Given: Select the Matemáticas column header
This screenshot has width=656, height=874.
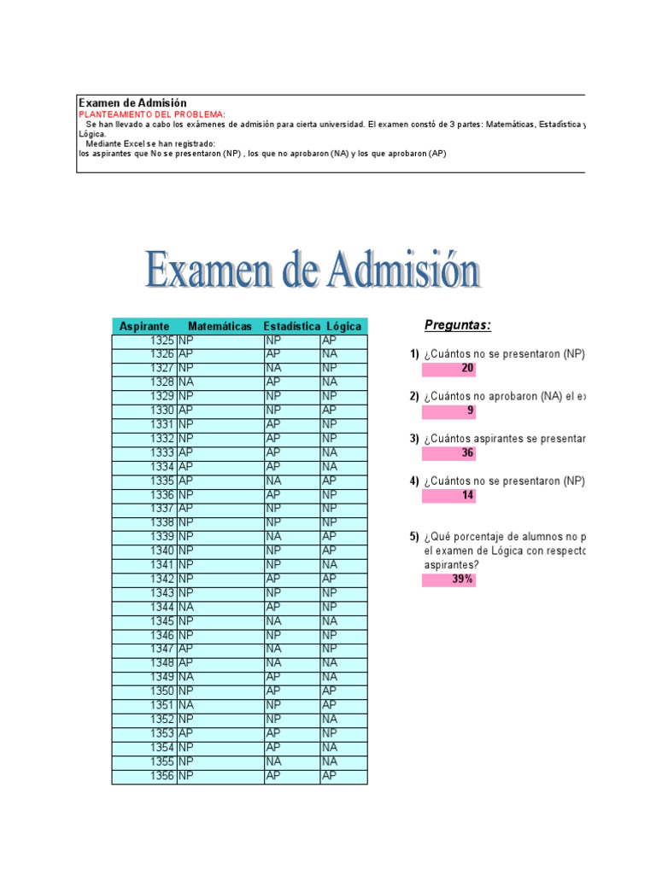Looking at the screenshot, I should tap(220, 326).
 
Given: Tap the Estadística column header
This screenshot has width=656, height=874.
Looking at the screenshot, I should tap(291, 326).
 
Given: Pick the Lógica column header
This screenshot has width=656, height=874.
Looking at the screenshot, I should tap(343, 326).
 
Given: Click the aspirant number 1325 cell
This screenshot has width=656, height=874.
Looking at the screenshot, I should tap(144, 341).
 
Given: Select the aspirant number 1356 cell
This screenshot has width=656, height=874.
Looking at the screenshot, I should tap(144, 776).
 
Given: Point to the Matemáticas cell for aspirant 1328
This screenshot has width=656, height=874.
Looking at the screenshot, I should tap(220, 382).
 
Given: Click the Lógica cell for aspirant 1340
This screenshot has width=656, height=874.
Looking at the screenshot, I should tap(343, 551).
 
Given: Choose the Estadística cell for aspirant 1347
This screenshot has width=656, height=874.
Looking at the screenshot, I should tap(292, 649).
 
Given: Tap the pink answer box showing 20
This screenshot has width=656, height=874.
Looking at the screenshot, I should tap(448, 369).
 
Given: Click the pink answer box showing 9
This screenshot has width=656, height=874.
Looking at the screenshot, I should tap(448, 411).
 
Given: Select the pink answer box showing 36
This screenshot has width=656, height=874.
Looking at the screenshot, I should tap(448, 453).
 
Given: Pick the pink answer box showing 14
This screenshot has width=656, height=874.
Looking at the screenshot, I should tap(448, 495).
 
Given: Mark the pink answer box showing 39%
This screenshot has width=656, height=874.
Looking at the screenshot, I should tap(448, 580).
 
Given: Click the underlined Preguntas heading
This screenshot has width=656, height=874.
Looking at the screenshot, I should tap(458, 325).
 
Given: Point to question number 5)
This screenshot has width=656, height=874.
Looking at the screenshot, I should tap(414, 537).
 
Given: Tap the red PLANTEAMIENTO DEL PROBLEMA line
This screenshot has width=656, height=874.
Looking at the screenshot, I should tap(152, 114).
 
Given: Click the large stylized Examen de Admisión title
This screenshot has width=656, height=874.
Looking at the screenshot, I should tap(312, 271).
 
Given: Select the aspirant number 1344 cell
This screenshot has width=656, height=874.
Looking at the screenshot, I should tap(144, 607).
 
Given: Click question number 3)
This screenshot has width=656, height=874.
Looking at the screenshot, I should tap(414, 439).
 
